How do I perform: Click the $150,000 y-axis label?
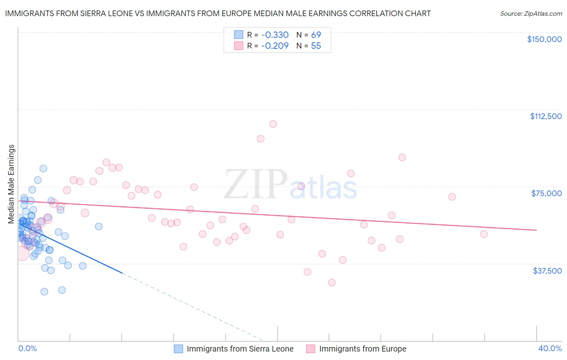pyautogui.click(x=544, y=39)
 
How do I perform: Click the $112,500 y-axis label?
pyautogui.click(x=546, y=116)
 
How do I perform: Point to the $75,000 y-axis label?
pyautogui.click(x=546, y=193)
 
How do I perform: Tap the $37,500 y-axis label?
pyautogui.click(x=547, y=271)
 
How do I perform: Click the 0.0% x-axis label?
pyautogui.click(x=27, y=348)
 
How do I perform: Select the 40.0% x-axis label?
pyautogui.click(x=550, y=348)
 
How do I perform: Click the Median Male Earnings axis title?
pyautogui.click(x=11, y=184)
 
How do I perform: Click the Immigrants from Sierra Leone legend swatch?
pyautogui.click(x=179, y=349)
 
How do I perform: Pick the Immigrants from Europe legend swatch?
pyautogui.click(x=311, y=349)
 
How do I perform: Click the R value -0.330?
pyautogui.click(x=275, y=35)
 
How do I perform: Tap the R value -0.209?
pyautogui.click(x=275, y=46)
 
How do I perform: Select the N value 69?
pyautogui.click(x=316, y=35)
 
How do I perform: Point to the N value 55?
pyautogui.click(x=316, y=46)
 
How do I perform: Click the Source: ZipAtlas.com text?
pyautogui.click(x=531, y=14)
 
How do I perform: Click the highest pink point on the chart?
pyautogui.click(x=273, y=124)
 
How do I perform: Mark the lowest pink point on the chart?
pyautogui.click(x=331, y=283)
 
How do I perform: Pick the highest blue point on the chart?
pyautogui.click(x=43, y=168)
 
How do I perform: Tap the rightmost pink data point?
pyautogui.click(x=484, y=234)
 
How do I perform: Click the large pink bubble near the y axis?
pyautogui.click(x=22, y=253)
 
